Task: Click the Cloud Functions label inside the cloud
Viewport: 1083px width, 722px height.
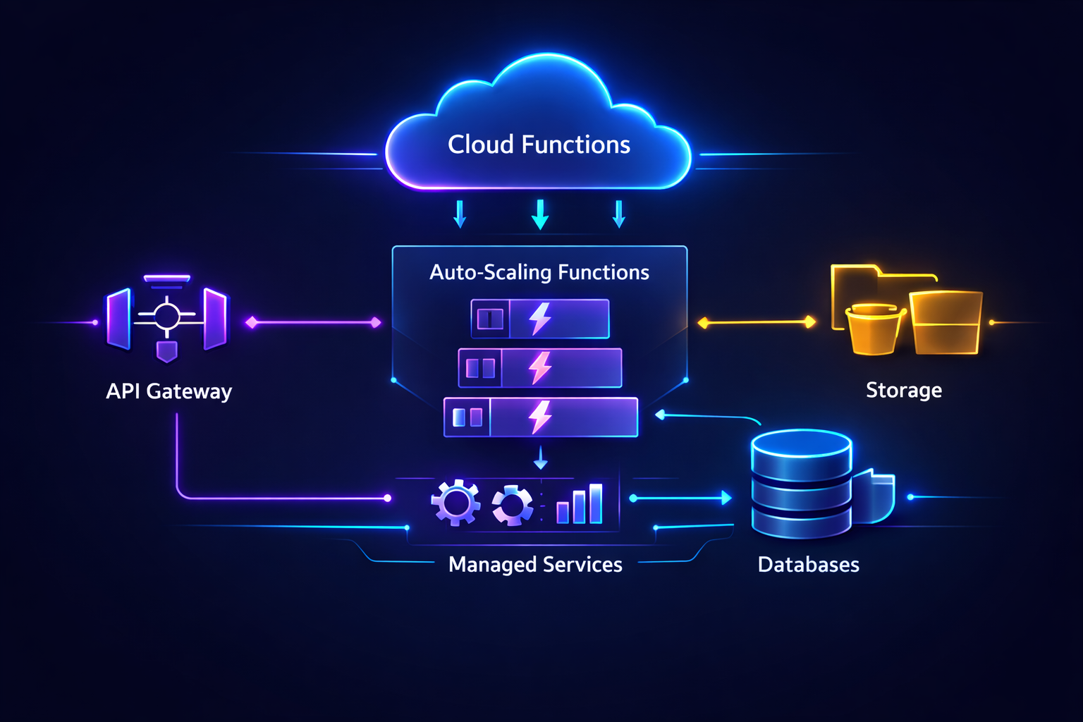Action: coord(539,145)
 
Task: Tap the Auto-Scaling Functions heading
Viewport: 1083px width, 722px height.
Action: coord(539,272)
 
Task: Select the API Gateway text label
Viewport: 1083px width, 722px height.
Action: coord(169,391)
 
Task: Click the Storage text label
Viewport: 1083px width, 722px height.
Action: coord(903,390)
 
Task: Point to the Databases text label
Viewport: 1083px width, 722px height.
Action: coord(808,565)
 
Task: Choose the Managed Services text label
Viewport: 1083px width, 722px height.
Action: coord(535,565)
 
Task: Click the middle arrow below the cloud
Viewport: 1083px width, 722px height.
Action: coord(540,214)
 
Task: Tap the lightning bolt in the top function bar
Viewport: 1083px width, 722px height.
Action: coord(541,319)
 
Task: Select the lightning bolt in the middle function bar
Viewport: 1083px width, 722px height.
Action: coord(541,367)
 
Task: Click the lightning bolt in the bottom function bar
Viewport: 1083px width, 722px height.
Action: coord(541,417)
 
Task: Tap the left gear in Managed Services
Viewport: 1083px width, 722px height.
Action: coord(455,503)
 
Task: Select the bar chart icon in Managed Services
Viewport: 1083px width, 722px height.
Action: coord(580,504)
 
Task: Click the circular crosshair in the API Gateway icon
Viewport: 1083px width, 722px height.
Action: coord(167,314)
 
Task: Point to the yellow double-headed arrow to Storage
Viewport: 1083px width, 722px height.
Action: coord(757,322)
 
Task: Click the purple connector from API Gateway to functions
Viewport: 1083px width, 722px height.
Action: coord(313,323)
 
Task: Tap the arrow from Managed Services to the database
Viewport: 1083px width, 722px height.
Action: coord(681,498)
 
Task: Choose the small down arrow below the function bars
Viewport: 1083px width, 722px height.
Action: coord(541,458)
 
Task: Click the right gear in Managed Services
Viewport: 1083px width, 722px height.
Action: coord(513,505)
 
